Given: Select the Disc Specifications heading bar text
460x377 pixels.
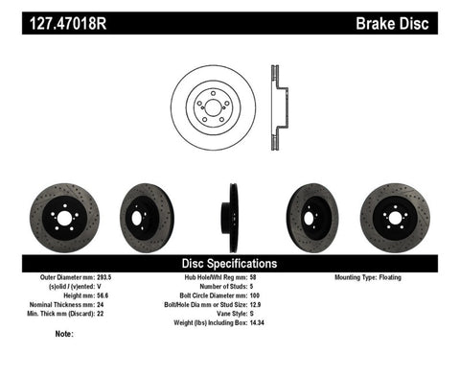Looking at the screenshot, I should (230, 262).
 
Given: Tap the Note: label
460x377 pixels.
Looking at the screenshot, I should (65, 334).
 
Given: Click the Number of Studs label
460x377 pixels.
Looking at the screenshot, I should (224, 286).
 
